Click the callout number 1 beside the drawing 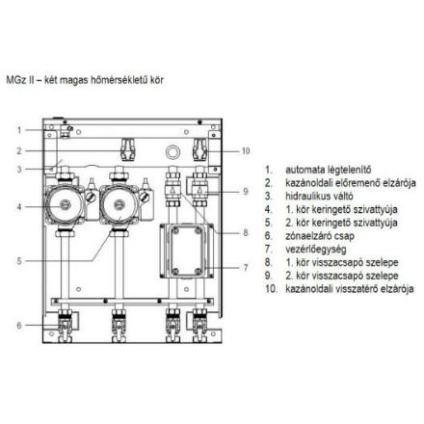17,129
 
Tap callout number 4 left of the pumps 17,206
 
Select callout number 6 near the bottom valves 17,326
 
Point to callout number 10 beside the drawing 245,149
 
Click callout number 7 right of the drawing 245,266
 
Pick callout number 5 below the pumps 17,260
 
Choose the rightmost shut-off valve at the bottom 199,322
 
